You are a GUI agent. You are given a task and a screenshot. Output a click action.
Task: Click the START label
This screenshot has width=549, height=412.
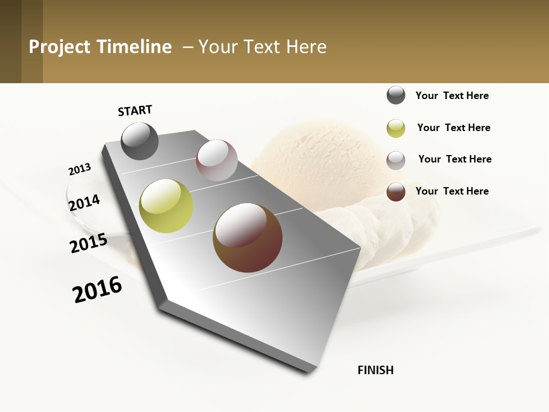[135, 110]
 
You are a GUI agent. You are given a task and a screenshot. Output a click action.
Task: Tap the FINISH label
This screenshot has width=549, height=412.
[375, 370]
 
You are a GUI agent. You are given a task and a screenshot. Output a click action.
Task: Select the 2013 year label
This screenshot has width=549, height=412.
[79, 169]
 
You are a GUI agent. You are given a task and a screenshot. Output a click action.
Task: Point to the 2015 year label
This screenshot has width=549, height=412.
[88, 243]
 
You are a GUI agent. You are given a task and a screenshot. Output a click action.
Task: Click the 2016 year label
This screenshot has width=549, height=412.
[97, 289]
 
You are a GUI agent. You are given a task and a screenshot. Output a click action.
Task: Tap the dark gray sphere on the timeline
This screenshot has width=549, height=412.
[140, 141]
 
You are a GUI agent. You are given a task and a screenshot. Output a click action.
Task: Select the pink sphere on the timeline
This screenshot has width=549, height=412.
[217, 160]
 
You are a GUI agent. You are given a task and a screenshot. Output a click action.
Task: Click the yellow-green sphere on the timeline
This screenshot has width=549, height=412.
[166, 206]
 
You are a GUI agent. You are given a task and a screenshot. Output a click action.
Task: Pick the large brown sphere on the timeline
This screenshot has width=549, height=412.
[248, 237]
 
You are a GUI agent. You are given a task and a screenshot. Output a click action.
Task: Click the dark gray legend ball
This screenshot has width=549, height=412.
[396, 96]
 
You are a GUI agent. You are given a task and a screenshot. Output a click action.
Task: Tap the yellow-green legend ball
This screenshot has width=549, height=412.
[396, 128]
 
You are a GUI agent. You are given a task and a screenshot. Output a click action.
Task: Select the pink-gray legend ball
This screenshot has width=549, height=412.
[396, 160]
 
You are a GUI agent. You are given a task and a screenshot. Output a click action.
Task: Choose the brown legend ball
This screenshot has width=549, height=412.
[396, 192]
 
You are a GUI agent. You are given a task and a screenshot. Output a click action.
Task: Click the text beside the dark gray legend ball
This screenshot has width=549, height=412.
[452, 96]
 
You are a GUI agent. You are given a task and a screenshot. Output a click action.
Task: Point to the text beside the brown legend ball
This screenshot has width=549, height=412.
[452, 191]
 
